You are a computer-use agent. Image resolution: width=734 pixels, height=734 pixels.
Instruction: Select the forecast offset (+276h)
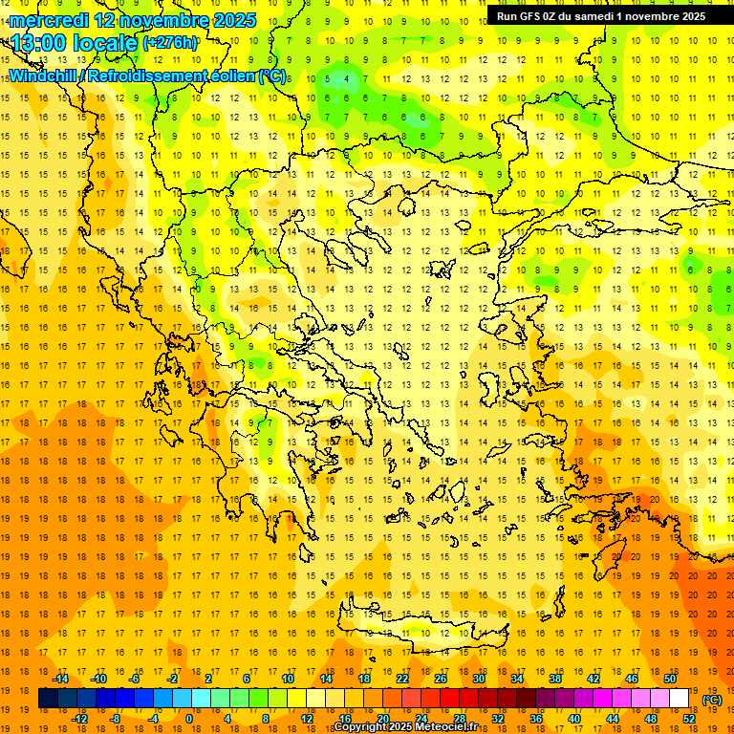click(x=170, y=43)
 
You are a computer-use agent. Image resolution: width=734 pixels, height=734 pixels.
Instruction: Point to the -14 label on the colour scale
click(x=60, y=679)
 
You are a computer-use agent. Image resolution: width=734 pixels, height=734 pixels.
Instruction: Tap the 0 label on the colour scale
click(x=188, y=718)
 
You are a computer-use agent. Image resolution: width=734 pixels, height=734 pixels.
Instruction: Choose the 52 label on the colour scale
click(x=689, y=718)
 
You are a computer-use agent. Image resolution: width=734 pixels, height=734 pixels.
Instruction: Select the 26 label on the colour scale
click(x=441, y=679)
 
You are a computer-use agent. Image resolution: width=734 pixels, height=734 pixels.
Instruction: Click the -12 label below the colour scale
click(x=79, y=718)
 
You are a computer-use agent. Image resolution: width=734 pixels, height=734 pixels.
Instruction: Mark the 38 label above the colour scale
click(x=555, y=679)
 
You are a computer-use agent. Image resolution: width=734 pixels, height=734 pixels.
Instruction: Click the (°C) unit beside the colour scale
click(x=712, y=700)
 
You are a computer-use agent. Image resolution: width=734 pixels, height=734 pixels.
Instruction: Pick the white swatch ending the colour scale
click(x=679, y=699)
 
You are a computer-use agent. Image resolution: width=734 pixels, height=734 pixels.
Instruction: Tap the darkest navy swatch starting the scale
click(x=48, y=699)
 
